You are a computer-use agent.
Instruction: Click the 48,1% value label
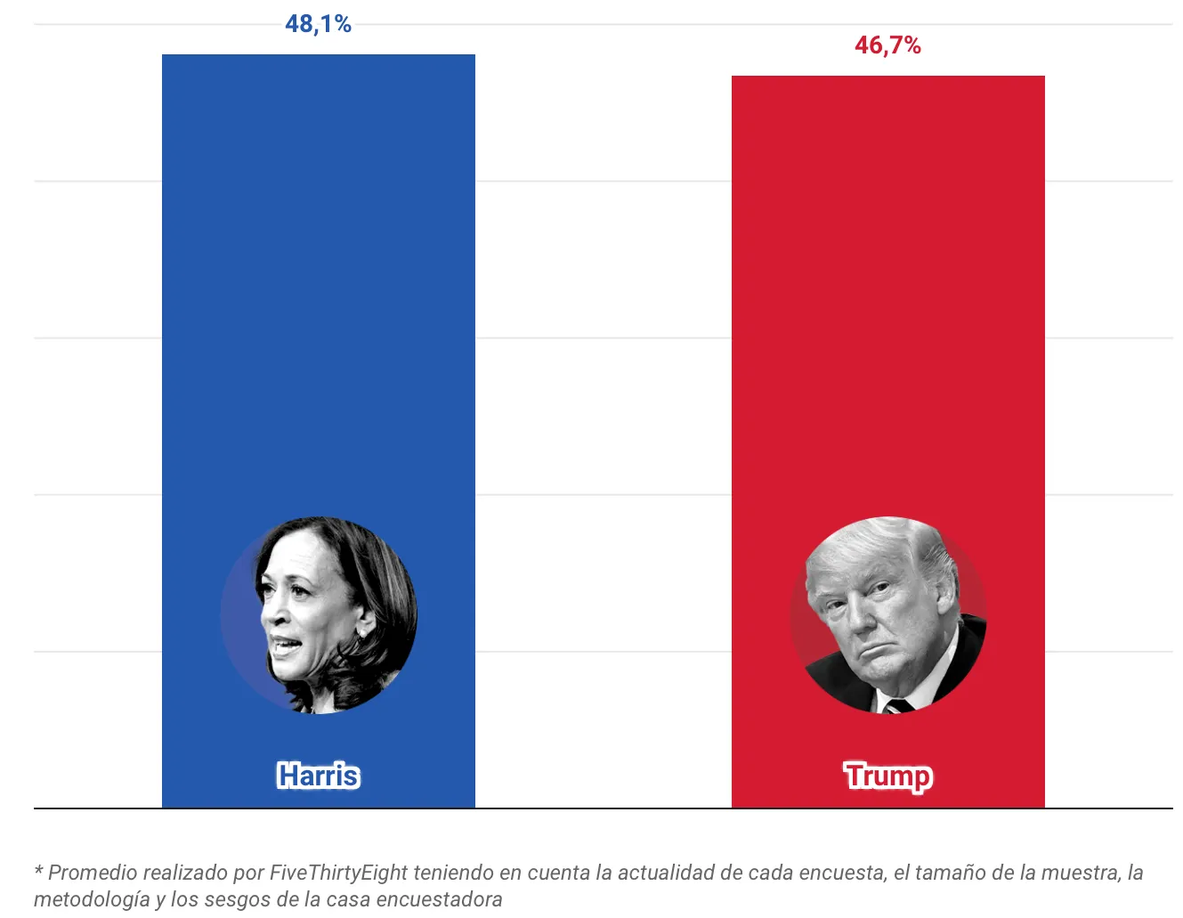(318, 24)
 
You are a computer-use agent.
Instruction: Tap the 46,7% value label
(887, 45)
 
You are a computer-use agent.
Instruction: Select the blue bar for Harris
(318, 312)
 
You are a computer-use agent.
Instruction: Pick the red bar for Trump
(887, 312)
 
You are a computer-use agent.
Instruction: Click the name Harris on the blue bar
(318, 776)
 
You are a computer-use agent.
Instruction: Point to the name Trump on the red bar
(887, 776)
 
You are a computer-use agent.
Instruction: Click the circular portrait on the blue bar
(319, 615)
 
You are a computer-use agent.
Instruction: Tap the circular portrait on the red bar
(887, 615)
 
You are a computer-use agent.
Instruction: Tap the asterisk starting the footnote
(38, 871)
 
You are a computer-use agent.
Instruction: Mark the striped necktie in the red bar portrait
(897, 705)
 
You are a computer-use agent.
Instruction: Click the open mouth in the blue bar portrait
(283, 643)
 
